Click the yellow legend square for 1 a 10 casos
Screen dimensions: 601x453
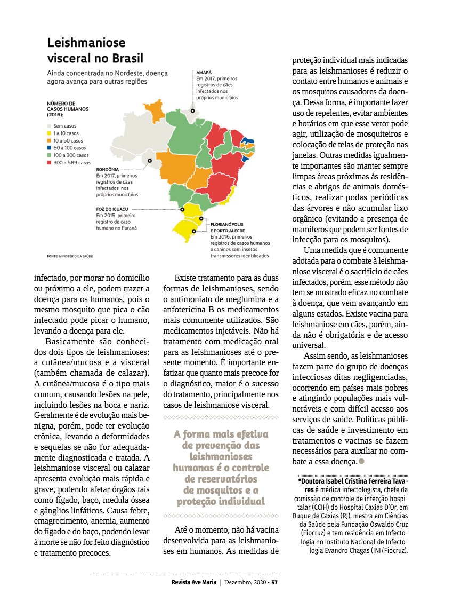pyautogui.click(x=50, y=133)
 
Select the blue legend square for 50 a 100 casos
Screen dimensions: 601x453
pyautogui.click(x=50, y=147)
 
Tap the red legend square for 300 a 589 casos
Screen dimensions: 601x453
pyautogui.click(x=50, y=162)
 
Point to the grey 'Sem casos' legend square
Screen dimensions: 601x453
pyautogui.click(x=50, y=126)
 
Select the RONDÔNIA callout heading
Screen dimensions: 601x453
pyautogui.click(x=107, y=169)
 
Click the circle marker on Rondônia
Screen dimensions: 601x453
pyautogui.click(x=150, y=160)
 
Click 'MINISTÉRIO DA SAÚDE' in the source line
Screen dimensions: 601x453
pyautogui.click(x=76, y=256)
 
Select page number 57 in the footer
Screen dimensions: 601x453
pyautogui.click(x=274, y=582)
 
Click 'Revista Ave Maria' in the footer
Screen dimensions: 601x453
pyautogui.click(x=190, y=582)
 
